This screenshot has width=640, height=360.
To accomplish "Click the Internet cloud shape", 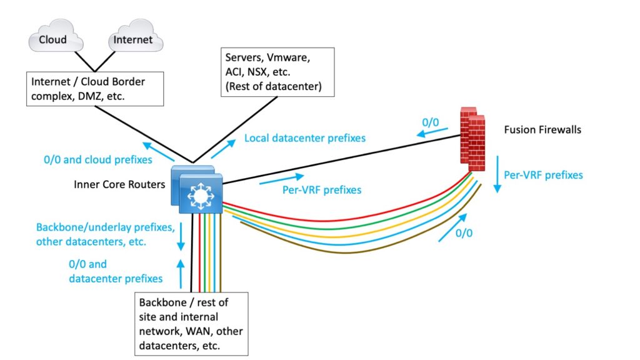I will [x=132, y=39].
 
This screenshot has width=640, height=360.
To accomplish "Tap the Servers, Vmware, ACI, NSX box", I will [x=272, y=73].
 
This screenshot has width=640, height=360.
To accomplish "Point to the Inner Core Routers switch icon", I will [x=196, y=187].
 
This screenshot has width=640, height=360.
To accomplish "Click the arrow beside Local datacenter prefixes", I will [x=225, y=147].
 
